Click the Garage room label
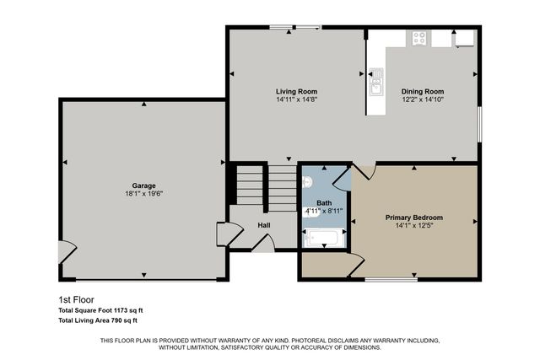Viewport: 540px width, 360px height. (143, 185)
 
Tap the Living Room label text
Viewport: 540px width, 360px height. (296, 91)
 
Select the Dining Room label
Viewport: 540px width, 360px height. (423, 91)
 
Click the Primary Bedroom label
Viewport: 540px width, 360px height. (414, 218)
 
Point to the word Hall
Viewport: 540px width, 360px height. (264, 225)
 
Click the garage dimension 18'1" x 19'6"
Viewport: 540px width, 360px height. (143, 193)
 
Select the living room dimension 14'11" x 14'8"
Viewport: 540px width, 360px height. (296, 99)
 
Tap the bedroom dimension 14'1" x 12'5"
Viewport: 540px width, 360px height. (414, 225)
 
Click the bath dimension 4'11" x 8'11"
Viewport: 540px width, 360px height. (324, 212)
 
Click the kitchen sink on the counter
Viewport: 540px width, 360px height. (375, 85)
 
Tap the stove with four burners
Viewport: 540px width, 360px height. (418, 38)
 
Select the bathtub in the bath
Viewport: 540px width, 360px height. (321, 239)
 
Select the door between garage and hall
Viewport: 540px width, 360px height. (224, 234)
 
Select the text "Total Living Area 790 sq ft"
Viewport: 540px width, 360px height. (98, 320)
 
